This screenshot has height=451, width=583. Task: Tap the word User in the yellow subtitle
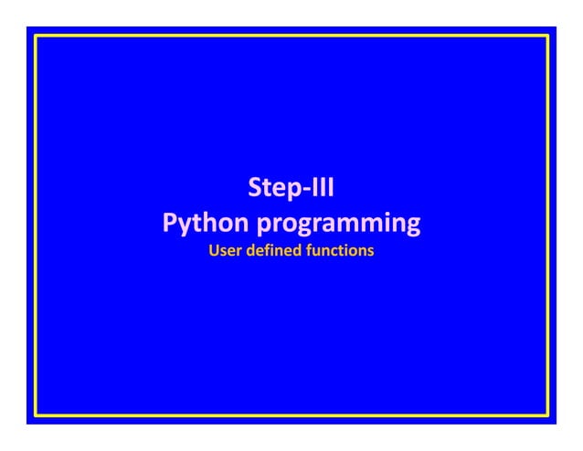coord(225,249)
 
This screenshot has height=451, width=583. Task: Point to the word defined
coord(275,249)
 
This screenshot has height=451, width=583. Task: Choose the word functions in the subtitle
coord(341,249)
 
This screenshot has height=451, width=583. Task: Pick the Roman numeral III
coord(321,190)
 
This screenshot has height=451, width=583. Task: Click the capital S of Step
coord(256,190)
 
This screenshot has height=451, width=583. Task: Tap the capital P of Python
coord(170,222)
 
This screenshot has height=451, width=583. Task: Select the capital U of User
coord(214,249)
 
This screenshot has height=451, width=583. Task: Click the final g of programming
coord(412,226)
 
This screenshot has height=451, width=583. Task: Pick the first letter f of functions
coord(313,249)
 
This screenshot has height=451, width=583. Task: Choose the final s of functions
coord(370,250)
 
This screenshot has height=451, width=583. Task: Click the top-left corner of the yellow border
coord(36,36)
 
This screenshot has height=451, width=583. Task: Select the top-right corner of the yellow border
coord(547,36)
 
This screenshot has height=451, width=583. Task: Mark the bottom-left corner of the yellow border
coord(36,415)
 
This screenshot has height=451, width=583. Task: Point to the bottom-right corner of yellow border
coord(547,415)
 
